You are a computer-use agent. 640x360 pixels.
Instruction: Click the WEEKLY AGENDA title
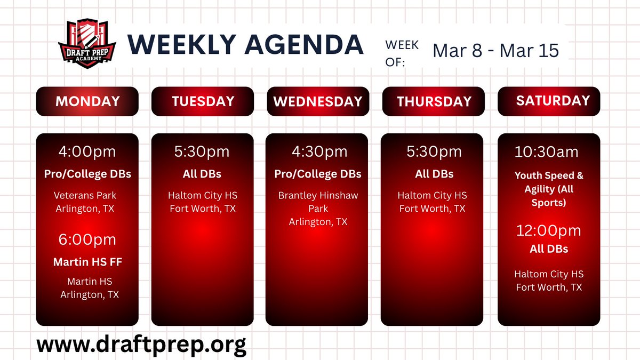pos(245,45)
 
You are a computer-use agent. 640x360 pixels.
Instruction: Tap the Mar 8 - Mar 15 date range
pos(495,50)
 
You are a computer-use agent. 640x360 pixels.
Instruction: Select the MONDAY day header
pos(87,101)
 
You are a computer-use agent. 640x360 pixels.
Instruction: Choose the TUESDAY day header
pos(203,101)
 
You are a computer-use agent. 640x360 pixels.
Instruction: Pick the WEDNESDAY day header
pos(318,101)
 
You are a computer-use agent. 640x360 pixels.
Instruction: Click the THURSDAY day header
pos(434,101)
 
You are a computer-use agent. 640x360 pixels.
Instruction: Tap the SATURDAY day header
pos(548,101)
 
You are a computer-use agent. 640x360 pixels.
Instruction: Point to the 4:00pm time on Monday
pos(87,152)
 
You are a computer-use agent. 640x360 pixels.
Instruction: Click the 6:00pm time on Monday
pos(87,239)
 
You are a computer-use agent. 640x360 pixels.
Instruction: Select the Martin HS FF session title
pos(87,262)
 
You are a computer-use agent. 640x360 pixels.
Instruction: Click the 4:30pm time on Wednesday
pos(317,152)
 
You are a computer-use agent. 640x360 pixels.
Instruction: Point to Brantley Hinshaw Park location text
pos(318,202)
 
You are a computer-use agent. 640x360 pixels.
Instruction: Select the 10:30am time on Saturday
pos(546,152)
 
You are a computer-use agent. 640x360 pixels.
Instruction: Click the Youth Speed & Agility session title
pos(549,189)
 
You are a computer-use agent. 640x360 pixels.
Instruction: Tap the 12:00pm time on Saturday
pos(548,230)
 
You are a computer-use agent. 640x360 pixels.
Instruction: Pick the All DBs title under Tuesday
pos(203,174)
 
